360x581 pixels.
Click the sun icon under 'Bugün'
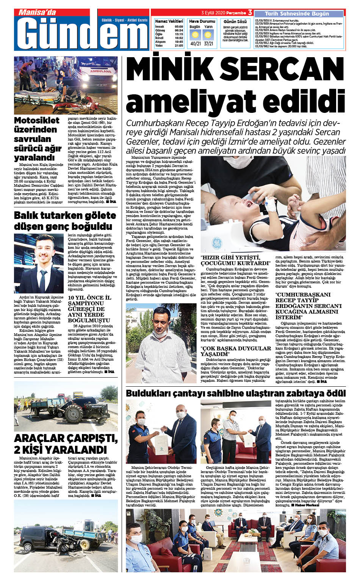(195, 35)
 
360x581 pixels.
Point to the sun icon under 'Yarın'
(208, 35)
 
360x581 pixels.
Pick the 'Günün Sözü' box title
(235, 22)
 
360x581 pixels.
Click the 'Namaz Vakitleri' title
(169, 21)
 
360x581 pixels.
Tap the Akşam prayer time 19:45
(178, 42)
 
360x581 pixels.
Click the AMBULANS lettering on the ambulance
(101, 71)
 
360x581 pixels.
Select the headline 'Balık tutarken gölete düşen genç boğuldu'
(65, 220)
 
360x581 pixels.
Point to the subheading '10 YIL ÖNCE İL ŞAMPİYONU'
(89, 300)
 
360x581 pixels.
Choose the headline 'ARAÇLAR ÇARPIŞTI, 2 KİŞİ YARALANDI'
(66, 444)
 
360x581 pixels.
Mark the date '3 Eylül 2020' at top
(213, 12)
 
